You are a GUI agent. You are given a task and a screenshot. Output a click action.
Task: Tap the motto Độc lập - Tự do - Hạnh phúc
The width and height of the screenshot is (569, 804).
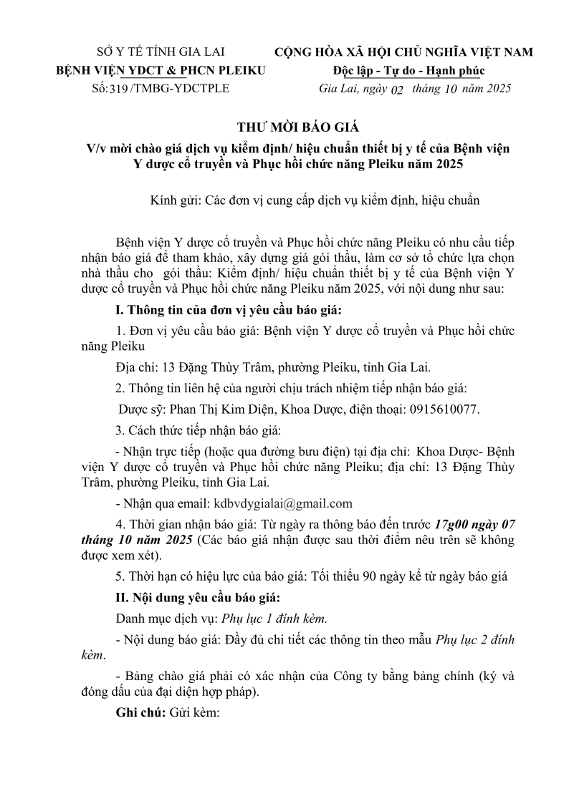pyautogui.click(x=408, y=70)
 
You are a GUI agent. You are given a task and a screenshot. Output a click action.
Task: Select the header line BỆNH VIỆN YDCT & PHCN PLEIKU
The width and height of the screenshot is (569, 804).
pyautogui.click(x=161, y=70)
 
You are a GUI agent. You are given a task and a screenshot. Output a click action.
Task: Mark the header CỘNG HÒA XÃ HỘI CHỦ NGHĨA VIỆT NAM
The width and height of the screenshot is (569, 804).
pyautogui.click(x=404, y=52)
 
